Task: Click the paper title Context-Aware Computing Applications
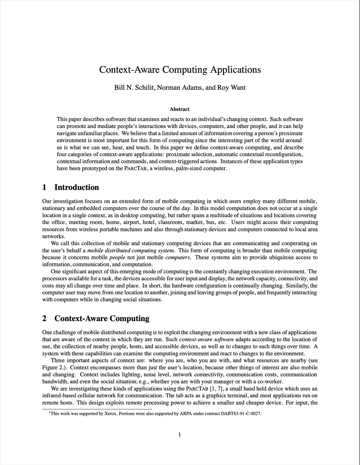180,70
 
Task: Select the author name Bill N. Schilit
134,88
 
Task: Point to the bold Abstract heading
180,109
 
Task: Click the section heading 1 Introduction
71,187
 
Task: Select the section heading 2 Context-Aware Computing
96,318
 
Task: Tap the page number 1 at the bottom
180,434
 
